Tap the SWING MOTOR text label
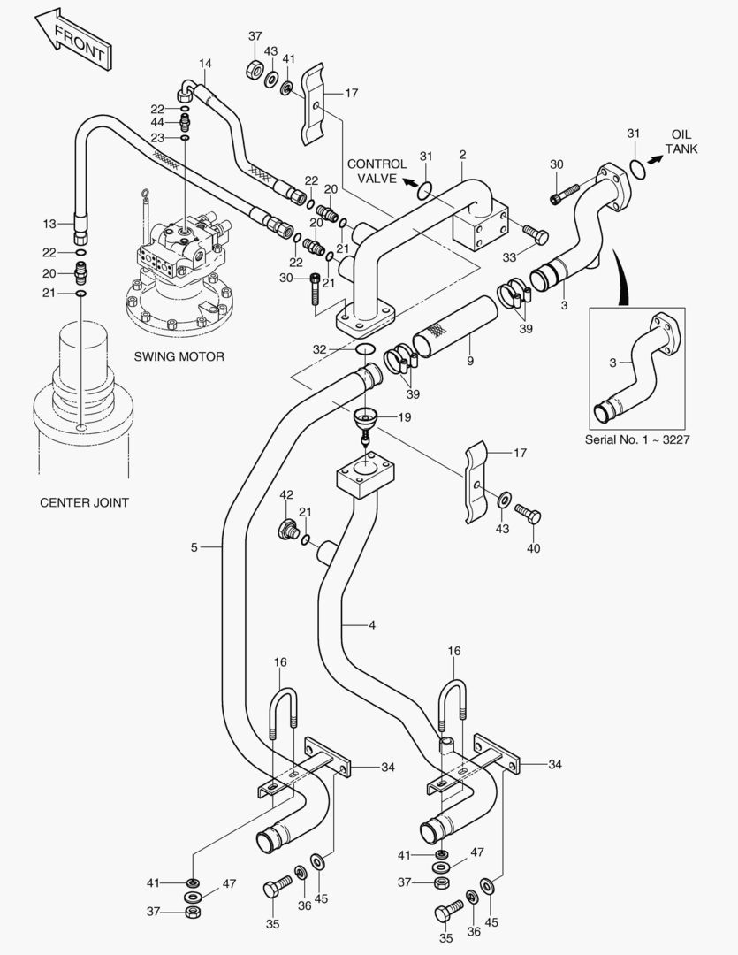coord(179,357)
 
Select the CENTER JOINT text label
coord(85,502)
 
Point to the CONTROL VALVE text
coord(377,171)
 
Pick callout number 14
coord(205,64)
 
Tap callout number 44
coord(157,122)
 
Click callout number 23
coord(157,138)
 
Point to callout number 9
coord(470,362)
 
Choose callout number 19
coord(404,416)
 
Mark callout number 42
coord(286,494)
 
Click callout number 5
coord(194,547)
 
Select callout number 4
coord(372,625)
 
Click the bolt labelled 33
coord(535,234)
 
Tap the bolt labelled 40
coord(529,515)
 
